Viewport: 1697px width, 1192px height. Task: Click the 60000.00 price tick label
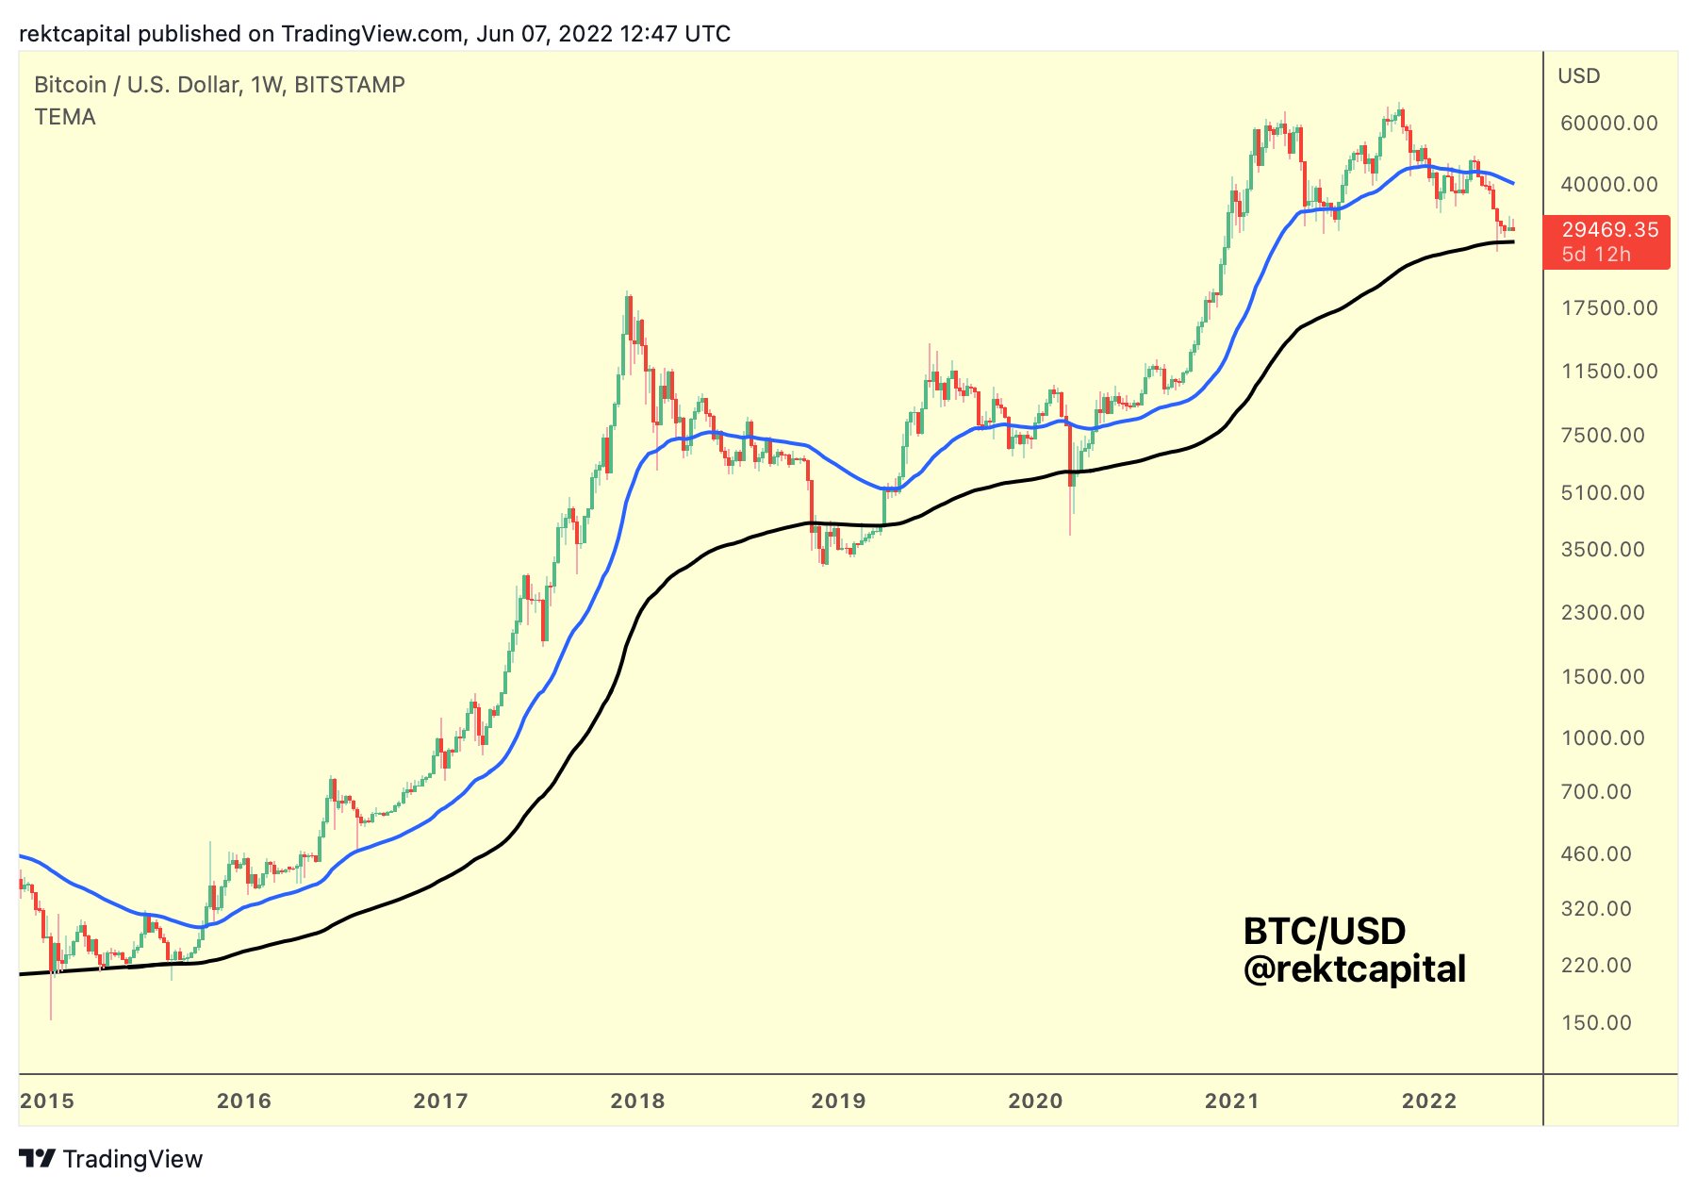(x=1608, y=124)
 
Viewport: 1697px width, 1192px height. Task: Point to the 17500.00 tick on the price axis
(x=1608, y=308)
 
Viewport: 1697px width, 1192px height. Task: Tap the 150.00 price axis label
(x=1596, y=1023)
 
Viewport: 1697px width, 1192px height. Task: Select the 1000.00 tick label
(x=1603, y=738)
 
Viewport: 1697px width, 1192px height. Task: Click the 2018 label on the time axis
(x=637, y=1101)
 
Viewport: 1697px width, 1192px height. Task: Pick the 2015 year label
(x=47, y=1101)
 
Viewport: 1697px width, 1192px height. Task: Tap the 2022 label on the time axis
(x=1429, y=1101)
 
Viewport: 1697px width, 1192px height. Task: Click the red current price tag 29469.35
(x=1609, y=230)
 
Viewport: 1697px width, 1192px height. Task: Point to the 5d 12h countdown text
(x=1596, y=255)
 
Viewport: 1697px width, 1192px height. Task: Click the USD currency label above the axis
(x=1579, y=76)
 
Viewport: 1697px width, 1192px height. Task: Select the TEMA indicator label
(x=65, y=117)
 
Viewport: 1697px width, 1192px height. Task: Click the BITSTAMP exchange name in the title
(x=350, y=85)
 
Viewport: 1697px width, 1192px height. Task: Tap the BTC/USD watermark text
(x=1325, y=932)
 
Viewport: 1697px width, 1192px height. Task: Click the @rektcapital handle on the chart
(x=1355, y=969)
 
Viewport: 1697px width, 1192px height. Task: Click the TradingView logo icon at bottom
(x=38, y=1159)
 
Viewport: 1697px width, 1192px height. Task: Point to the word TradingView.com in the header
(x=372, y=34)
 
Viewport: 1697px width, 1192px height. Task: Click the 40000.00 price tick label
(x=1608, y=185)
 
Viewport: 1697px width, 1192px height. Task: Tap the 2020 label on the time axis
(x=1035, y=1101)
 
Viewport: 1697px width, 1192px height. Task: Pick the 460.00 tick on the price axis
(x=1596, y=854)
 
